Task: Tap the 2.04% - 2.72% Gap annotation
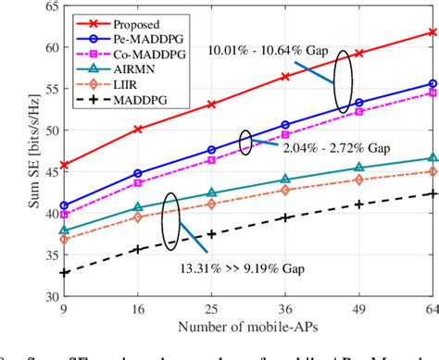324,146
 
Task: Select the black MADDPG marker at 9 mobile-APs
64,273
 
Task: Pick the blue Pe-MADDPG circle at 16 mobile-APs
138,173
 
